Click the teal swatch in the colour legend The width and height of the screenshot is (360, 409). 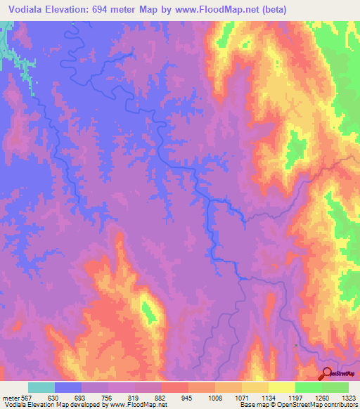click(x=41, y=387)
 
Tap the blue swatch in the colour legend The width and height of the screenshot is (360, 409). click(x=68, y=387)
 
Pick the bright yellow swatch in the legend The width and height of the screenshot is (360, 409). click(x=282, y=387)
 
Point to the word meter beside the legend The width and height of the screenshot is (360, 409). click(x=9, y=398)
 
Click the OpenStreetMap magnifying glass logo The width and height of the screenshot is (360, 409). click(x=327, y=374)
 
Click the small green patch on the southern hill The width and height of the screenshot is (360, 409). click(x=148, y=311)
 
